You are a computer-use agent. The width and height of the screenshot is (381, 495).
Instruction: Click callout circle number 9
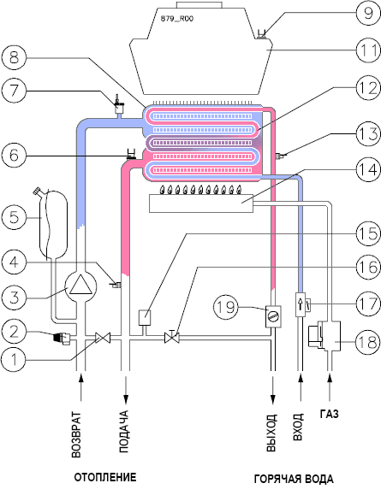click(x=367, y=13)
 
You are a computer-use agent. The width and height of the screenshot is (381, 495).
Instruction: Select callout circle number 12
click(x=367, y=88)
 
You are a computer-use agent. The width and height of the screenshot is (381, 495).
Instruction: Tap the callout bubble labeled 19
click(x=226, y=307)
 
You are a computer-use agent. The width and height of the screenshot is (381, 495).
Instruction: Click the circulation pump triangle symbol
click(x=80, y=285)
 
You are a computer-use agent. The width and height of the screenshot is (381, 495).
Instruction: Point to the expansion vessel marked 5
click(x=52, y=223)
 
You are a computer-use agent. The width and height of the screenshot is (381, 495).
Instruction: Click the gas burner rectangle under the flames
click(x=201, y=203)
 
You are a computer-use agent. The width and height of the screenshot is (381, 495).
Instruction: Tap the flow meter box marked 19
click(x=273, y=316)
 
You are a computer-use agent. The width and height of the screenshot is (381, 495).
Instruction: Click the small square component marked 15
click(x=145, y=317)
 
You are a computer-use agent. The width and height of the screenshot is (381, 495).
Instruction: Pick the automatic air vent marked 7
click(x=119, y=107)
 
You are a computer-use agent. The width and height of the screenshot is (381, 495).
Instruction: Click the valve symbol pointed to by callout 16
click(x=172, y=338)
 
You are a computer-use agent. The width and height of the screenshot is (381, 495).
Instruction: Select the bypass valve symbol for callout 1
click(x=103, y=339)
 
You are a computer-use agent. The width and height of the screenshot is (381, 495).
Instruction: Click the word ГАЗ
click(x=329, y=413)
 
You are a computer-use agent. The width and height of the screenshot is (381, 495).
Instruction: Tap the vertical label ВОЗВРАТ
click(x=76, y=434)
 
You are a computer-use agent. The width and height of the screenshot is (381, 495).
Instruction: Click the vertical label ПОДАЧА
click(x=124, y=432)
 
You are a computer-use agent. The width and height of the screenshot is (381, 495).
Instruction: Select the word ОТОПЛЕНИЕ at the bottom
click(x=105, y=477)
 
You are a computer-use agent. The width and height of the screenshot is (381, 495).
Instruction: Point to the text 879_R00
click(x=176, y=19)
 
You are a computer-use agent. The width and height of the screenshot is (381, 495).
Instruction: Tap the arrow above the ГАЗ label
click(x=330, y=387)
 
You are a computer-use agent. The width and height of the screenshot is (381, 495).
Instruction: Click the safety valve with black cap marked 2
click(x=63, y=338)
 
